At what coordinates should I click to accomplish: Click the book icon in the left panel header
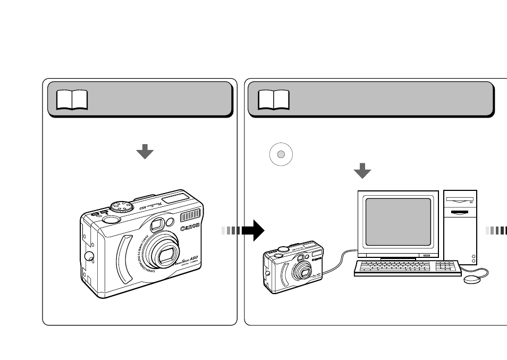72,99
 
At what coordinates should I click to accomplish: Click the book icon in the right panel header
274,99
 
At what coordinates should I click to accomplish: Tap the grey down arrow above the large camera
145,152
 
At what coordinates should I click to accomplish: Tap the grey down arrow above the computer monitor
362,171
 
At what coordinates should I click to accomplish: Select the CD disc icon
282,154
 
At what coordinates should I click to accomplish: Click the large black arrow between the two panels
253,230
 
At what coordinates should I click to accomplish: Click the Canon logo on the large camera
190,228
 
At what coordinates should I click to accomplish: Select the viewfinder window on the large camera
156,226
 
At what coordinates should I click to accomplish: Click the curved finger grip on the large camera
123,259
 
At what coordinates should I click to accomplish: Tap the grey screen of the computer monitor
398,221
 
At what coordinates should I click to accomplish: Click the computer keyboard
407,267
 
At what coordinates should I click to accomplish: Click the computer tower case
460,226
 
